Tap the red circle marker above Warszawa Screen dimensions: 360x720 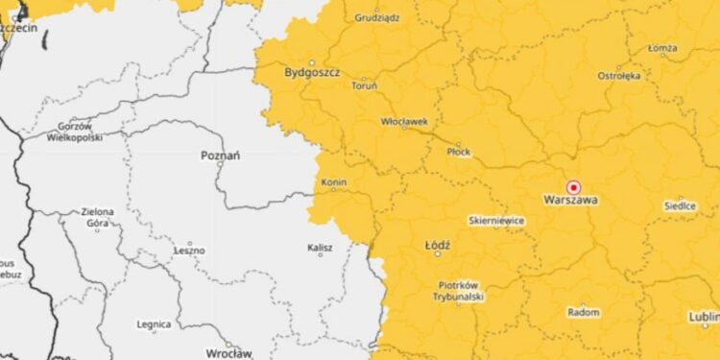[574, 187]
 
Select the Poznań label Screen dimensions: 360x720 [220, 156]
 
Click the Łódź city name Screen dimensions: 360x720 [437, 246]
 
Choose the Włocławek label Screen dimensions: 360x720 [404, 122]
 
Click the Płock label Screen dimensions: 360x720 [459, 152]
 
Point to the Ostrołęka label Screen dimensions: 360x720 [619, 75]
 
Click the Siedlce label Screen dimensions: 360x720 [680, 206]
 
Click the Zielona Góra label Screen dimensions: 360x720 [97, 217]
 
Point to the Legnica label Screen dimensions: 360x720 [154, 324]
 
